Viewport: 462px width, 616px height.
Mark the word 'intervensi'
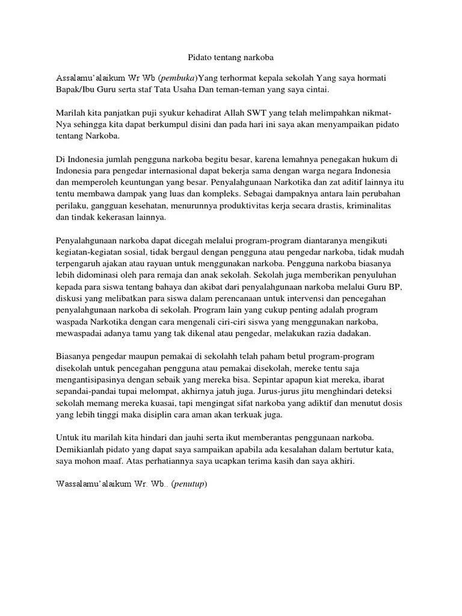297,298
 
